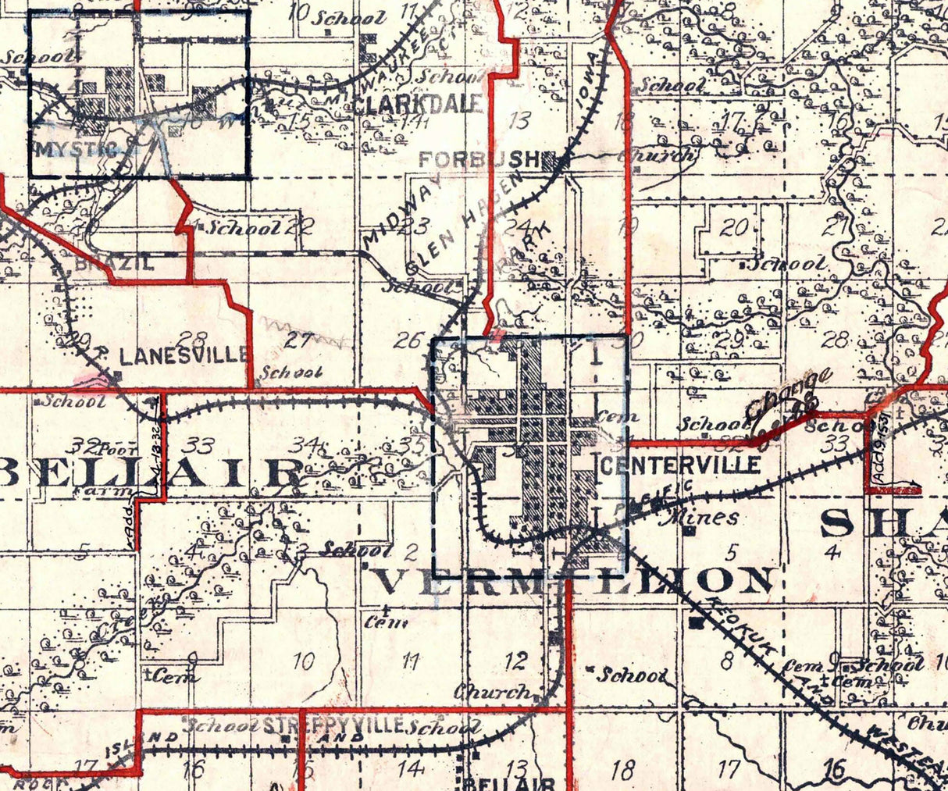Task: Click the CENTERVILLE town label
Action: pyautogui.click(x=682, y=465)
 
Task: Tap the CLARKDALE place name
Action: pyautogui.click(x=418, y=105)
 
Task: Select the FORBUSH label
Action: pyautogui.click(x=479, y=159)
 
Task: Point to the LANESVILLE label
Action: pyautogui.click(x=184, y=356)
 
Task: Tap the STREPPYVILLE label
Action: pyautogui.click(x=333, y=725)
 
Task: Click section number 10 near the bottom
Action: pyautogui.click(x=304, y=662)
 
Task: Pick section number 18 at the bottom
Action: pyautogui.click(x=623, y=770)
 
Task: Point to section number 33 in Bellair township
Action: pyautogui.click(x=200, y=446)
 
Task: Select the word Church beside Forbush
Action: pyautogui.click(x=657, y=155)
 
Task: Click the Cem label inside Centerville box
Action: pyautogui.click(x=606, y=416)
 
